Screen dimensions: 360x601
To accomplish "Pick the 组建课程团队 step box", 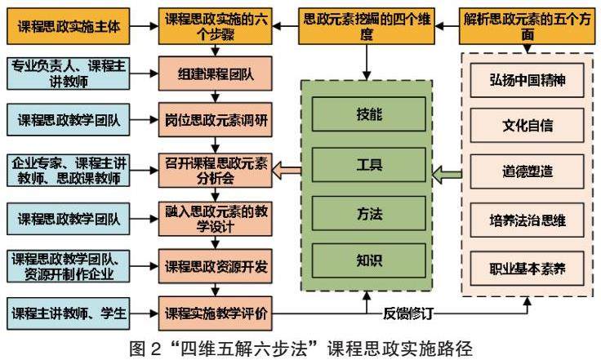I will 216,75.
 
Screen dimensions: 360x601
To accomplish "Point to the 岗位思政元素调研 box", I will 216,121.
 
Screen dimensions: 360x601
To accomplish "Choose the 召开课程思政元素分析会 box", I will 216,169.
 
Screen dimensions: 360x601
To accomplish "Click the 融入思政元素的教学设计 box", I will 216,218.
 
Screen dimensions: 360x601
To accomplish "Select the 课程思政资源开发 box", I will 216,266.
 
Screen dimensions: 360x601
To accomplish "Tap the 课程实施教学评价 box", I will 216,312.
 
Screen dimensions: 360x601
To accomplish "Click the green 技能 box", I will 368,114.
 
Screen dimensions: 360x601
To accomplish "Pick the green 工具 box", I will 368,163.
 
